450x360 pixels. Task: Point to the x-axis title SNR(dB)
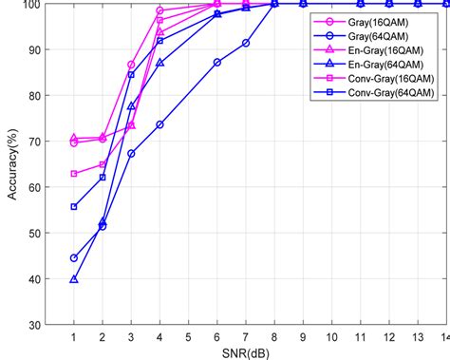pos(246,352)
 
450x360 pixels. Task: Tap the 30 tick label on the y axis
pos(34,325)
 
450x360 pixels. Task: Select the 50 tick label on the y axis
pos(34,234)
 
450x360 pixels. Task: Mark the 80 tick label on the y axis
pos(34,96)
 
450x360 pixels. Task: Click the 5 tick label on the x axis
pos(189,337)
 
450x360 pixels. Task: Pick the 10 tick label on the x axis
pos(332,337)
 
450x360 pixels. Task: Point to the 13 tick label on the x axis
pos(419,337)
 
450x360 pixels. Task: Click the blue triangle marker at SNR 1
pos(74,279)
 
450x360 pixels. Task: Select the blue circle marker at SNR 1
pos(74,258)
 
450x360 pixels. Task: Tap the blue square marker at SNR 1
pos(74,206)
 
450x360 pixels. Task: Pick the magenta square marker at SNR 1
pos(74,174)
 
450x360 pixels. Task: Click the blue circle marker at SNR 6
pos(217,62)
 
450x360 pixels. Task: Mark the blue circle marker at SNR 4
pos(159,124)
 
